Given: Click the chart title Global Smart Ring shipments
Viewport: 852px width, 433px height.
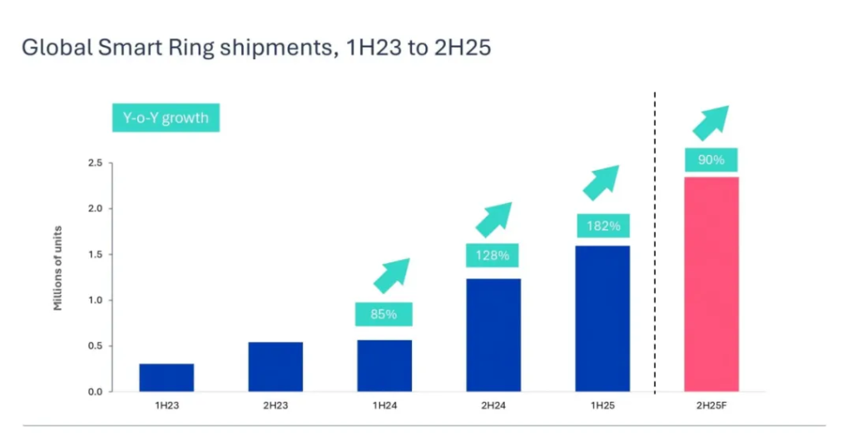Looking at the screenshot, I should [256, 47].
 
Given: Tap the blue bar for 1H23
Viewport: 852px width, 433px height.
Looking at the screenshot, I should [166, 377].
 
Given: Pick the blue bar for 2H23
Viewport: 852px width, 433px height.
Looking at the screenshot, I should [275, 366].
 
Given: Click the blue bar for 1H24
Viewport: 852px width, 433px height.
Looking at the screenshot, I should [384, 366].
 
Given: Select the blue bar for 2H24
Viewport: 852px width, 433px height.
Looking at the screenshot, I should [493, 335].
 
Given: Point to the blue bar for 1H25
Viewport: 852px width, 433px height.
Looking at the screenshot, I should [602, 318].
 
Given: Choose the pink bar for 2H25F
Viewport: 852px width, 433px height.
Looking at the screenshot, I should [711, 284].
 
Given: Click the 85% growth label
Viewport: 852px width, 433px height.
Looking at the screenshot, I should [384, 315].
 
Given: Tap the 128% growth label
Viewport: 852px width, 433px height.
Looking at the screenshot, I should [493, 255].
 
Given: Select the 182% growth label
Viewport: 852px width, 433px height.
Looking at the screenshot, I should [602, 225].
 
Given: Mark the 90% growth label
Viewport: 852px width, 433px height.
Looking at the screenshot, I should [711, 159].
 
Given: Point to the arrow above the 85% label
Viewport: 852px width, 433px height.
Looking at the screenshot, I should [391, 275].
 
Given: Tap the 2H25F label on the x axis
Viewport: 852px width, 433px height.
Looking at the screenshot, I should [711, 406].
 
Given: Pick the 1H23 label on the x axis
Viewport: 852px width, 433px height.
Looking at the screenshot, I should [166, 406].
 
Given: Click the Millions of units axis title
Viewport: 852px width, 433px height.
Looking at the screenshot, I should [58, 277].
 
